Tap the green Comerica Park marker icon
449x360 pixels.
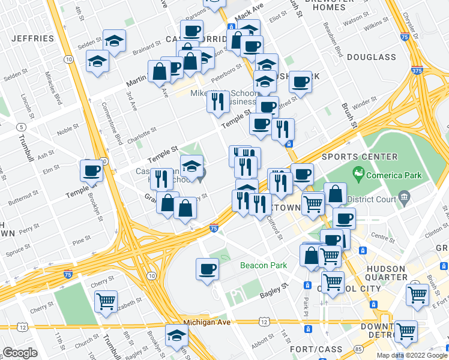coord(360,176)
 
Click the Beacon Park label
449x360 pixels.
coord(264,265)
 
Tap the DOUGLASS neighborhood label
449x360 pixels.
coord(371,57)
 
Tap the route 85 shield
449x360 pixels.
coord(358,347)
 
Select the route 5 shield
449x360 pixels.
coord(21,127)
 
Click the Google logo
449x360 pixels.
coord(20,352)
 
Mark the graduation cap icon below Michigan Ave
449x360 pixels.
coord(176,334)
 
